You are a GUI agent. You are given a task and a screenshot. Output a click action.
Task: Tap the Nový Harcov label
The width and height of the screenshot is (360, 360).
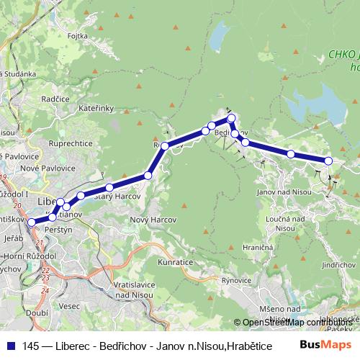coord(149,220)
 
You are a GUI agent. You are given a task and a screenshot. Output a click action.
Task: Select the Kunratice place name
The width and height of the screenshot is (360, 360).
coord(176,262)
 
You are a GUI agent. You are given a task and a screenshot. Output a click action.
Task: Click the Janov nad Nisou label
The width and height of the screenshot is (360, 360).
coord(284,192)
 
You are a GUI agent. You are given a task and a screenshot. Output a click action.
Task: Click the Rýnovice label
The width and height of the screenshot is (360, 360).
coord(235,279)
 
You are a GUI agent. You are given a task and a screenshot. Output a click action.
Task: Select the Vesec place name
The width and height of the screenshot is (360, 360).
coord(70,305)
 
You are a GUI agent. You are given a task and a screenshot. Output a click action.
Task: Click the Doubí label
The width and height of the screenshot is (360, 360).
coord(37,313)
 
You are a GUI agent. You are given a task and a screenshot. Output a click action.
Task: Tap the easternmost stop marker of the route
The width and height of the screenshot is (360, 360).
coord(328,161)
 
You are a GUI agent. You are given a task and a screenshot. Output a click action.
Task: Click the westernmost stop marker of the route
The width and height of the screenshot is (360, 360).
coord(31,222)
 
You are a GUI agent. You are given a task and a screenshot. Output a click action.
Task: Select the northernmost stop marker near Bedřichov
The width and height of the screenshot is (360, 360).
coord(231,118)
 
